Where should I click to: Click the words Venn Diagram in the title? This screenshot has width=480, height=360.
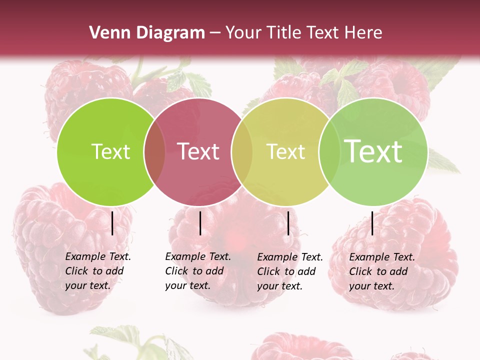(146, 33)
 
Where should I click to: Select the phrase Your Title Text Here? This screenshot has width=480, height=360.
(304, 33)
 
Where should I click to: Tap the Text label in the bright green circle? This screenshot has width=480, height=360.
(110, 151)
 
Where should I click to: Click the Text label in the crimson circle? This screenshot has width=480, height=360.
(198, 151)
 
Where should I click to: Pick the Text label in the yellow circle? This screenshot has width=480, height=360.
(285, 151)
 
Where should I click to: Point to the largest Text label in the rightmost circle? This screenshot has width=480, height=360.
(373, 151)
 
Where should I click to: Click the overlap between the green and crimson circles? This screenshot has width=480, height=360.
(154, 152)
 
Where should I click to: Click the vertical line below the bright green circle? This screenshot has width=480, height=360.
(112, 223)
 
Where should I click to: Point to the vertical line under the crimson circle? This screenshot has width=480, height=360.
(200, 223)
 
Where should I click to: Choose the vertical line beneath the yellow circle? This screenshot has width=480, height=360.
(288, 223)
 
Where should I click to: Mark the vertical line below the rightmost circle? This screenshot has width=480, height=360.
(372, 223)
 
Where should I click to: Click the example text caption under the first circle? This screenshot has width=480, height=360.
(97, 271)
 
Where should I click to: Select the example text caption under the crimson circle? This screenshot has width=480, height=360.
(197, 271)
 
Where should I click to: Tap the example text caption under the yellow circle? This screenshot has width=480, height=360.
(289, 271)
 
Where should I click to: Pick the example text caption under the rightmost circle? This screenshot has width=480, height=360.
(381, 271)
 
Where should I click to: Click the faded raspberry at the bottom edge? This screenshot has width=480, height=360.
(300, 347)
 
